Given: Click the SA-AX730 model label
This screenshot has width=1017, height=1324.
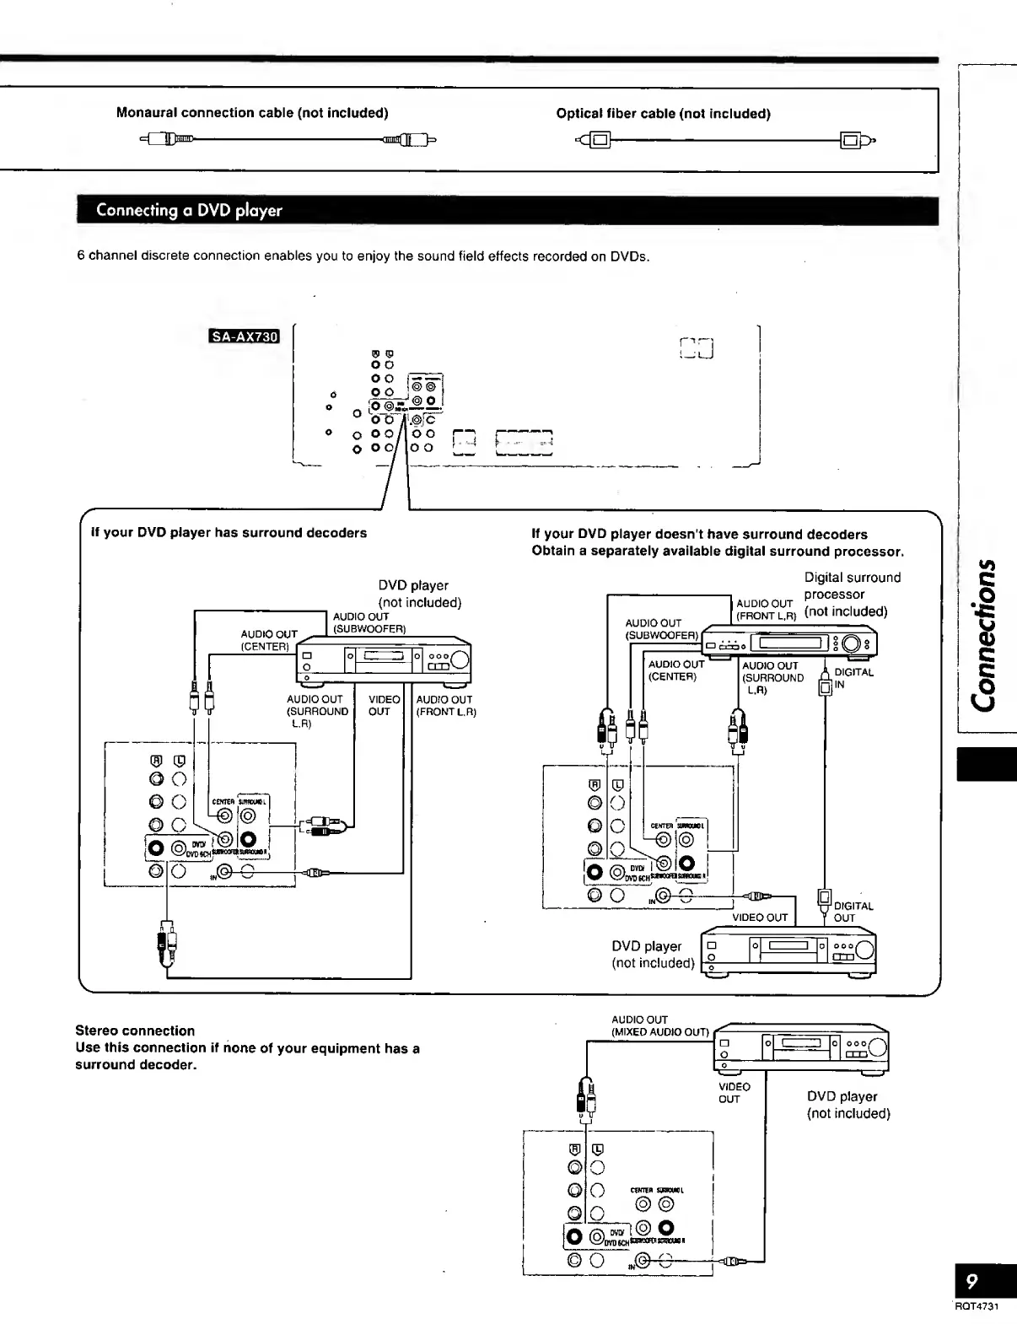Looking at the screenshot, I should coord(244,337).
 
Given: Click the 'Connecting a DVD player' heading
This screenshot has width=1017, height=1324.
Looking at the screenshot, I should coord(189,210).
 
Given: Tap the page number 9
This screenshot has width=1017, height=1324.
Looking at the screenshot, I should coord(971,1282).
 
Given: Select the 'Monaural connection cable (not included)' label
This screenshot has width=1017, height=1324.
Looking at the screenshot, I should coord(252,113).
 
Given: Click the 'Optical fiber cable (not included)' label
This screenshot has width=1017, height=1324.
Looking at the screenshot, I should coord(663,114).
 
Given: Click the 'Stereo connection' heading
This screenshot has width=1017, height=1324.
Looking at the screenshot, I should coord(135,1031).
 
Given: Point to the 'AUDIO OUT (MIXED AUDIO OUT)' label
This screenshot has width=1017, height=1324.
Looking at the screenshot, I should coord(659,1026).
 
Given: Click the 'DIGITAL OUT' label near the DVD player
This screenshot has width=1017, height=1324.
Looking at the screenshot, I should coord(853,912).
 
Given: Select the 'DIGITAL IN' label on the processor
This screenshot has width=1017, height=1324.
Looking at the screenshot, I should coord(853,678).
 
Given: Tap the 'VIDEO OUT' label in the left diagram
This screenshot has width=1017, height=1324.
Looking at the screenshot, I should coord(384,706).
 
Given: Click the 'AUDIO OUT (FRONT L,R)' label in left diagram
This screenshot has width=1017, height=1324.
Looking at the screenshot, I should coord(445,706).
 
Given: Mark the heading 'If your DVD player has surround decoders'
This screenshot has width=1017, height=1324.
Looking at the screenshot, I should coord(229,533).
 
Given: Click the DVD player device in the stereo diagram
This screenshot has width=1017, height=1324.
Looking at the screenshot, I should coord(802,1048).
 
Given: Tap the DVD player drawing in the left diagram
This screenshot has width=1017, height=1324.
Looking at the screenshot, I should coord(384,659).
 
